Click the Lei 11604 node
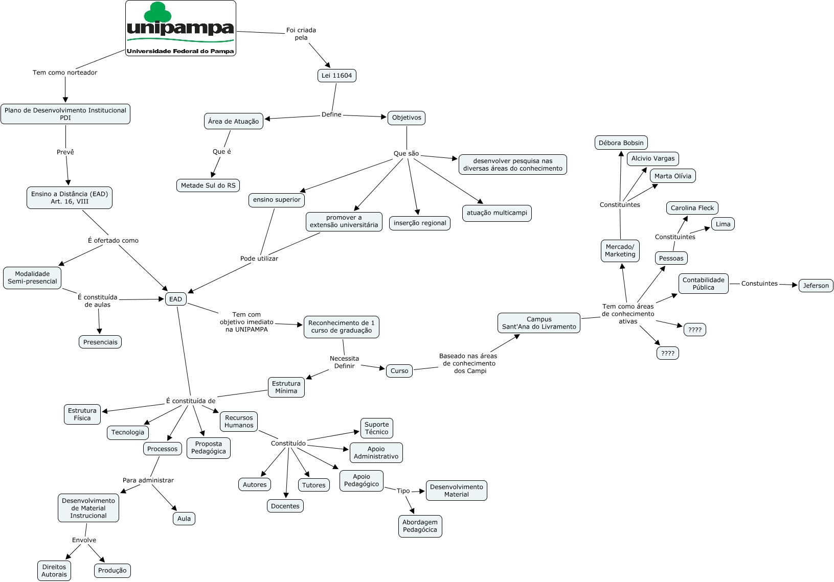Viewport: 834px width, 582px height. [336, 76]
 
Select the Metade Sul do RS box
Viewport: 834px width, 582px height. [208, 185]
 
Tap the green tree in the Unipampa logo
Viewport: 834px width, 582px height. [157, 12]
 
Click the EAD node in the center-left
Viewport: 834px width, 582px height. [176, 299]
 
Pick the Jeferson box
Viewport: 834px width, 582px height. [816, 286]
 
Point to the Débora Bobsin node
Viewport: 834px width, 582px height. [621, 143]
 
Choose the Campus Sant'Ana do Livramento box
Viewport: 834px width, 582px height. [539, 323]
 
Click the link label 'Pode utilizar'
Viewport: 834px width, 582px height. [259, 258]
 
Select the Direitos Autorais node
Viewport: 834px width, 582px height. [54, 570]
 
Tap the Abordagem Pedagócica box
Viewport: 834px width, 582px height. [420, 526]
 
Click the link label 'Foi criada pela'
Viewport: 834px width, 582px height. [301, 34]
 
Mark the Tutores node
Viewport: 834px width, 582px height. [313, 485]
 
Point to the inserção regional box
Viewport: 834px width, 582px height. [420, 223]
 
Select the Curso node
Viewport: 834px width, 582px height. [399, 370]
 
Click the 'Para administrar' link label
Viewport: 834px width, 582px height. [148, 480]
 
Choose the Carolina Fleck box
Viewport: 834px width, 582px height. [692, 208]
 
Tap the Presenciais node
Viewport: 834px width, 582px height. [100, 342]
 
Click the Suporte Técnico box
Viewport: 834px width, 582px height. [376, 428]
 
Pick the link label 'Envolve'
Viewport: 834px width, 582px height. [84, 540]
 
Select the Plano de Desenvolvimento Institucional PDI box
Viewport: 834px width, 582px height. [65, 114]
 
